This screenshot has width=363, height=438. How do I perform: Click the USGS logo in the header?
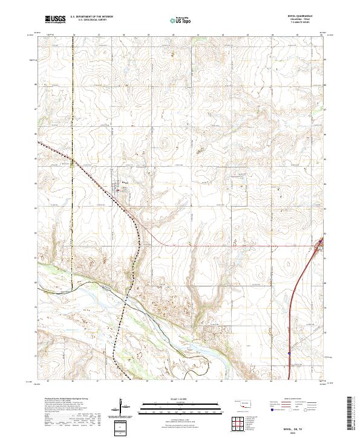click(x=55, y=20)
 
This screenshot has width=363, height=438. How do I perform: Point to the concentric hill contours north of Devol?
click(x=163, y=144)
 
